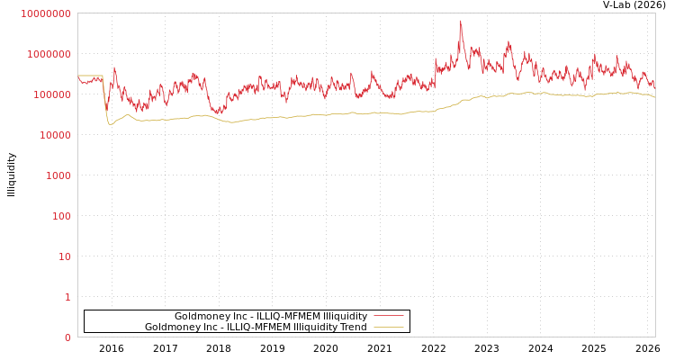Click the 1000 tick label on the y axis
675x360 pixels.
click(58, 175)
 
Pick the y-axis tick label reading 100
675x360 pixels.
click(61, 216)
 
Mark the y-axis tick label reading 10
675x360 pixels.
click(64, 256)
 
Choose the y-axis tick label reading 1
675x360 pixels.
click(67, 297)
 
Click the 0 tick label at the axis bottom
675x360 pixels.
click(67, 337)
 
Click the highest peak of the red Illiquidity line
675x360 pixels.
click(461, 22)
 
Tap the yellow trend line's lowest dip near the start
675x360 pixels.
click(110, 124)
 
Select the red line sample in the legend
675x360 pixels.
click(388, 317)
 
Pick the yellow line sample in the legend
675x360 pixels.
click(388, 328)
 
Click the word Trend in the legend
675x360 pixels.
click(352, 328)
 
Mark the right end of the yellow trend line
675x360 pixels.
click(654, 96)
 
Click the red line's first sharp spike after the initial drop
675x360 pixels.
click(114, 67)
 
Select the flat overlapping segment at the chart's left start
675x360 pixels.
click(90, 76)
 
